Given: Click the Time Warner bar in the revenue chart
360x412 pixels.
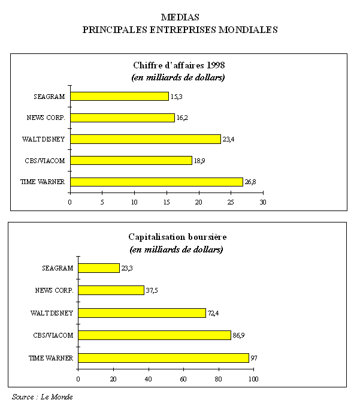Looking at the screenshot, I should [156, 182].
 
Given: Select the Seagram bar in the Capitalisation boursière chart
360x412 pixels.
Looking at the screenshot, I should [99, 268].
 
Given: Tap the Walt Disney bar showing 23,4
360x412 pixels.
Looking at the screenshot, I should [146, 139].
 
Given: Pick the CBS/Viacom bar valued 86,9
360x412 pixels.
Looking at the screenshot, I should [155, 335].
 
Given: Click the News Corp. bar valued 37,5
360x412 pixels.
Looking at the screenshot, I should [111, 290].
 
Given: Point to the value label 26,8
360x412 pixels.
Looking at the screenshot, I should [250, 182].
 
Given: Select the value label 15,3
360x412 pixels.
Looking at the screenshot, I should [176, 97].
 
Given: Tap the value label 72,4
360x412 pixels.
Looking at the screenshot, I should [214, 313].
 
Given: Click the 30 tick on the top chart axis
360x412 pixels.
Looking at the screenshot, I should [262, 202].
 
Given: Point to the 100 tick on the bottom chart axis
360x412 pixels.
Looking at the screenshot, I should [253, 379].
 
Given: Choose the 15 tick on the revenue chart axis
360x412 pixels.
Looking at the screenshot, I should [167, 202].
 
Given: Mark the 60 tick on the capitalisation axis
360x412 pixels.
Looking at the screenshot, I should [183, 379].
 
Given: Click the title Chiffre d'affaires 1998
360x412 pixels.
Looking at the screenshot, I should [179, 65].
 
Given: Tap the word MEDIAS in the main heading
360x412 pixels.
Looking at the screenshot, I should [180, 17].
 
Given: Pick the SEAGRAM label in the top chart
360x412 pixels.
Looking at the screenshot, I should [51, 96].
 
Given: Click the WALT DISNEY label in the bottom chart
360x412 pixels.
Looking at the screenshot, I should [52, 313].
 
